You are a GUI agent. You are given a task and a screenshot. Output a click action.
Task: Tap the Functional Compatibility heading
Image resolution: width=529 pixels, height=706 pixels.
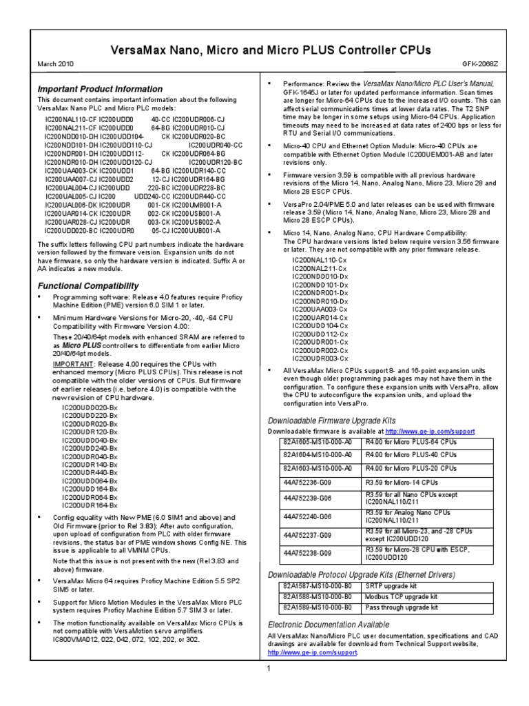click(x=87, y=285)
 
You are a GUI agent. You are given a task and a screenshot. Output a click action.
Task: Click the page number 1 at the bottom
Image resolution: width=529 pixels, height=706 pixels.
click(x=269, y=668)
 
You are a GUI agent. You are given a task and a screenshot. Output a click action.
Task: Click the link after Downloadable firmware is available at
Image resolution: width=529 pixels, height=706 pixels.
click(x=430, y=431)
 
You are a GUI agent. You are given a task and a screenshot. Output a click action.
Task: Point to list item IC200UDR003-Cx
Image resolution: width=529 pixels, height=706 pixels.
click(x=320, y=359)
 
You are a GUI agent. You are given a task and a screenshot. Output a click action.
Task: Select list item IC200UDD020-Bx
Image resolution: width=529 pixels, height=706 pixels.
click(x=90, y=408)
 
